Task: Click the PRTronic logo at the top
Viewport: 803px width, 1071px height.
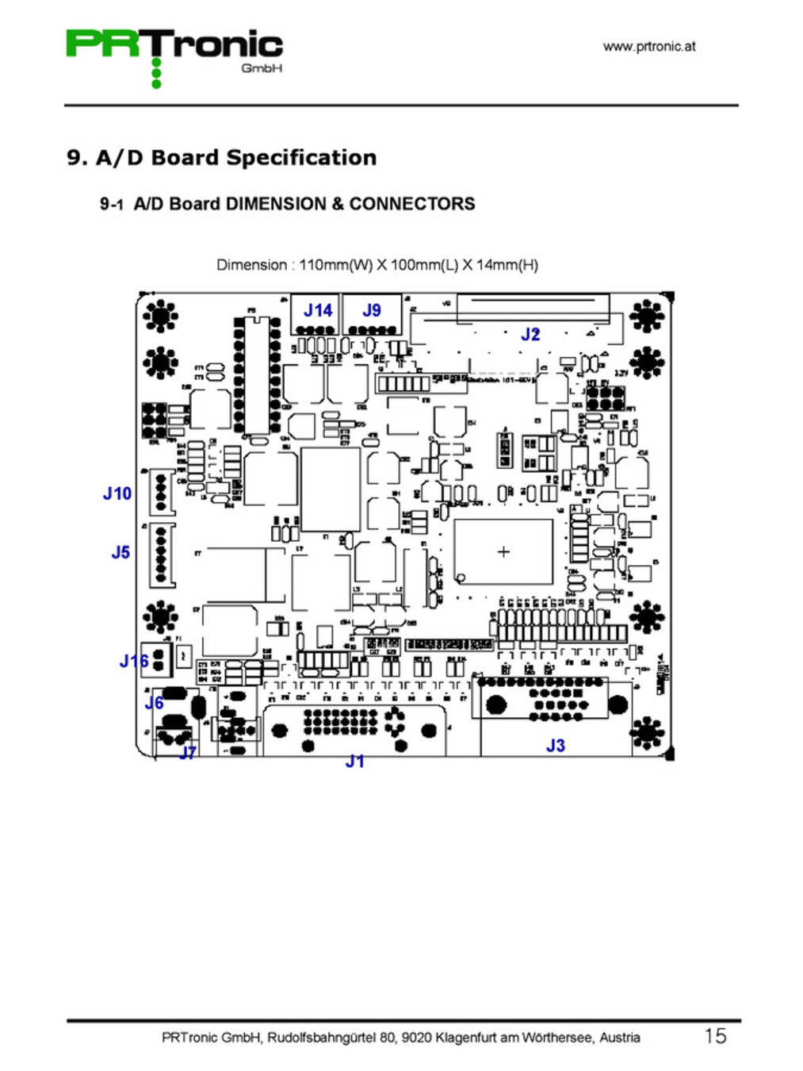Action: [x=174, y=48]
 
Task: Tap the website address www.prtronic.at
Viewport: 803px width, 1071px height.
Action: [x=648, y=46]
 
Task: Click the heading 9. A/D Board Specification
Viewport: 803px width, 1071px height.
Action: [x=221, y=157]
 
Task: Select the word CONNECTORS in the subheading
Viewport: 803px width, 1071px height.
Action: [x=412, y=204]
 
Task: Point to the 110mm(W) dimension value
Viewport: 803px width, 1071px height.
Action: [x=335, y=265]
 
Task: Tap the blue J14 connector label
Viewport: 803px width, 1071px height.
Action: [x=318, y=310]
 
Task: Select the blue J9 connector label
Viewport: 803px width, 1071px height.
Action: [x=371, y=310]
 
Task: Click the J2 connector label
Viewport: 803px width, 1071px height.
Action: [x=530, y=334]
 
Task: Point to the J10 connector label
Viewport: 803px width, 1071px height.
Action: [x=117, y=493]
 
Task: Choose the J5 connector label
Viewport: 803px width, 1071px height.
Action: [x=120, y=552]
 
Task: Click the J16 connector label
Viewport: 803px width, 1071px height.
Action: [x=133, y=661]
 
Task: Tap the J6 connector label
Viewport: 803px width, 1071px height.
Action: [x=154, y=702]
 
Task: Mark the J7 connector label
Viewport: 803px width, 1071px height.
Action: [x=188, y=752]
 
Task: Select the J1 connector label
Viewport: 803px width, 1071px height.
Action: [x=354, y=762]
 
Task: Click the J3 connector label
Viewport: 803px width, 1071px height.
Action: [x=555, y=746]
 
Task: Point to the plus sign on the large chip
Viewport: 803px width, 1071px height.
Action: [x=503, y=551]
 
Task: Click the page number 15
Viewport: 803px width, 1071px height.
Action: [x=715, y=1035]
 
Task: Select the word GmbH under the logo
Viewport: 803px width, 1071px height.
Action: [x=262, y=69]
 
